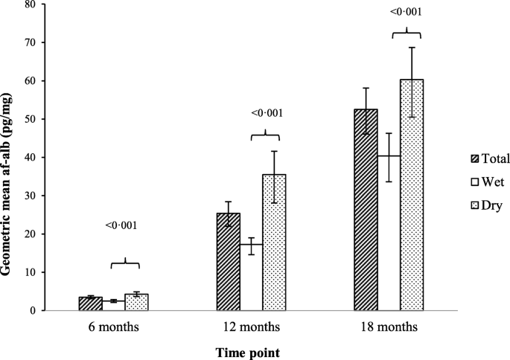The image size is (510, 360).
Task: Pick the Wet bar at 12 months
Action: pos(251,277)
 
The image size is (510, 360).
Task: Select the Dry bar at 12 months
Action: pos(274,242)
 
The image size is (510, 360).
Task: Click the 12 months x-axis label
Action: pos(252,327)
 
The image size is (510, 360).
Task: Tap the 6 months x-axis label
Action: pos(113,327)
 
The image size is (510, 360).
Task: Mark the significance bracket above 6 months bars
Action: pos(124,263)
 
